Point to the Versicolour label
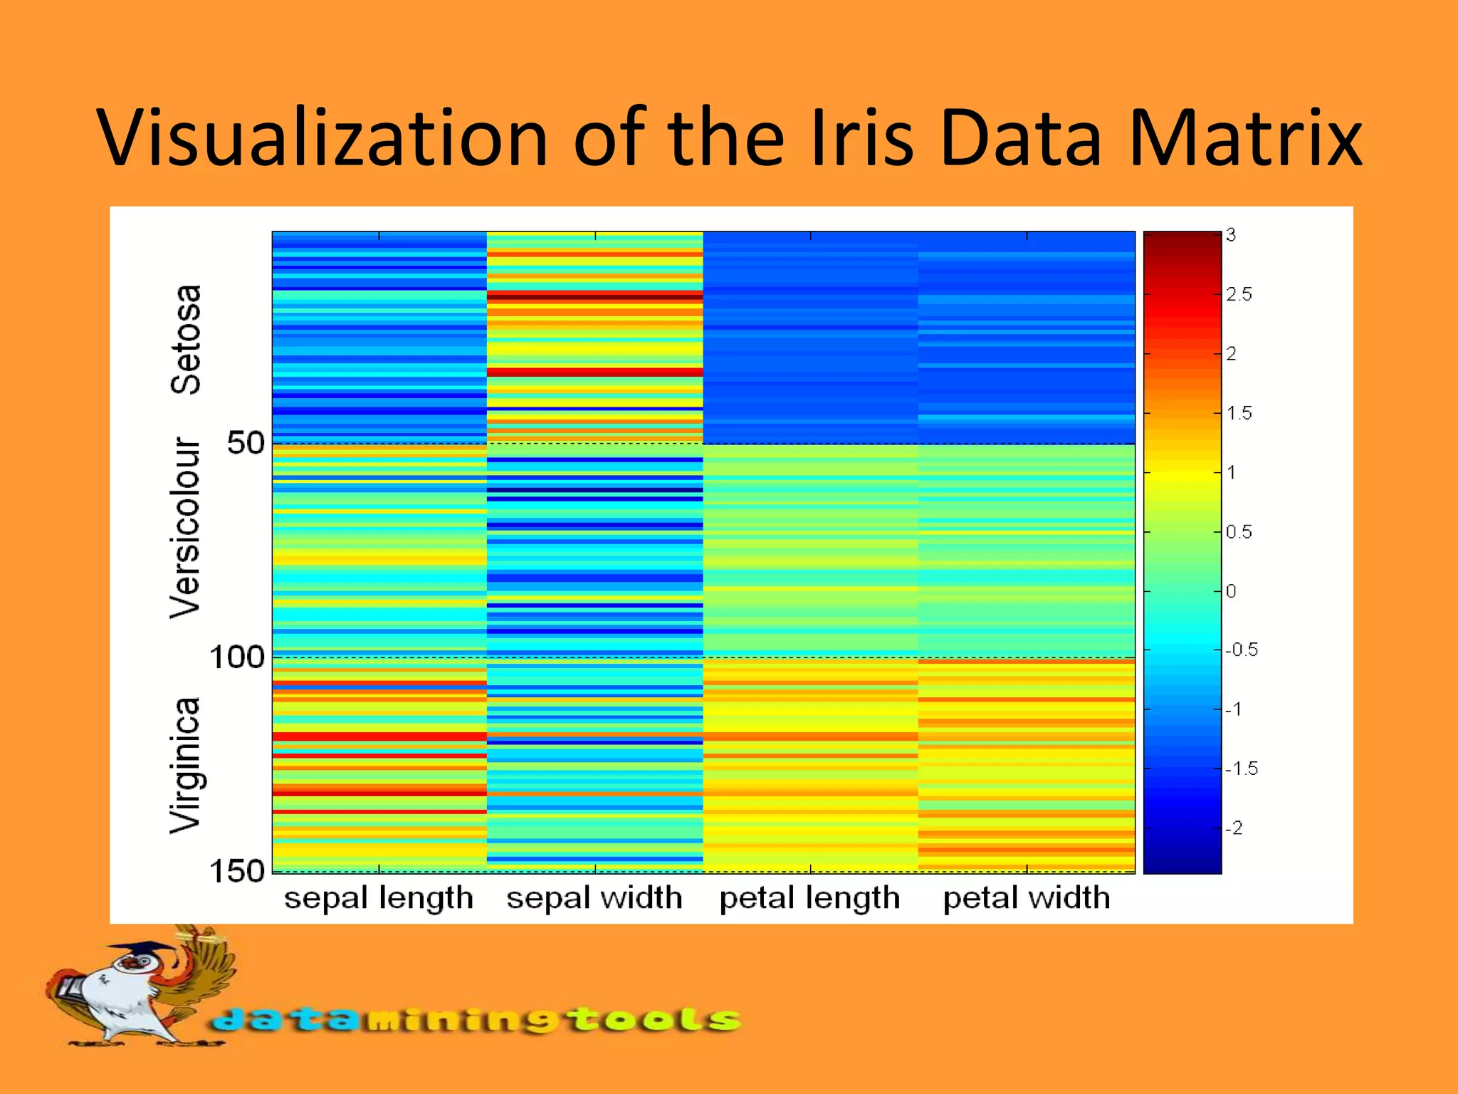point(185,528)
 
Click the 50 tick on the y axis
point(245,443)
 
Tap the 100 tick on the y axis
point(236,657)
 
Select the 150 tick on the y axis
point(236,871)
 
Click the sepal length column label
point(379,898)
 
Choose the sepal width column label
point(594,898)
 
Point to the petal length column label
point(810,898)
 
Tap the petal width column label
point(1027,898)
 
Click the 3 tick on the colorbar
point(1231,235)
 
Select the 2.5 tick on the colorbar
point(1239,294)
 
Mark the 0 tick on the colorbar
point(1231,591)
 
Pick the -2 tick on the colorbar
point(1234,828)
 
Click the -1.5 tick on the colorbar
point(1242,769)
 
